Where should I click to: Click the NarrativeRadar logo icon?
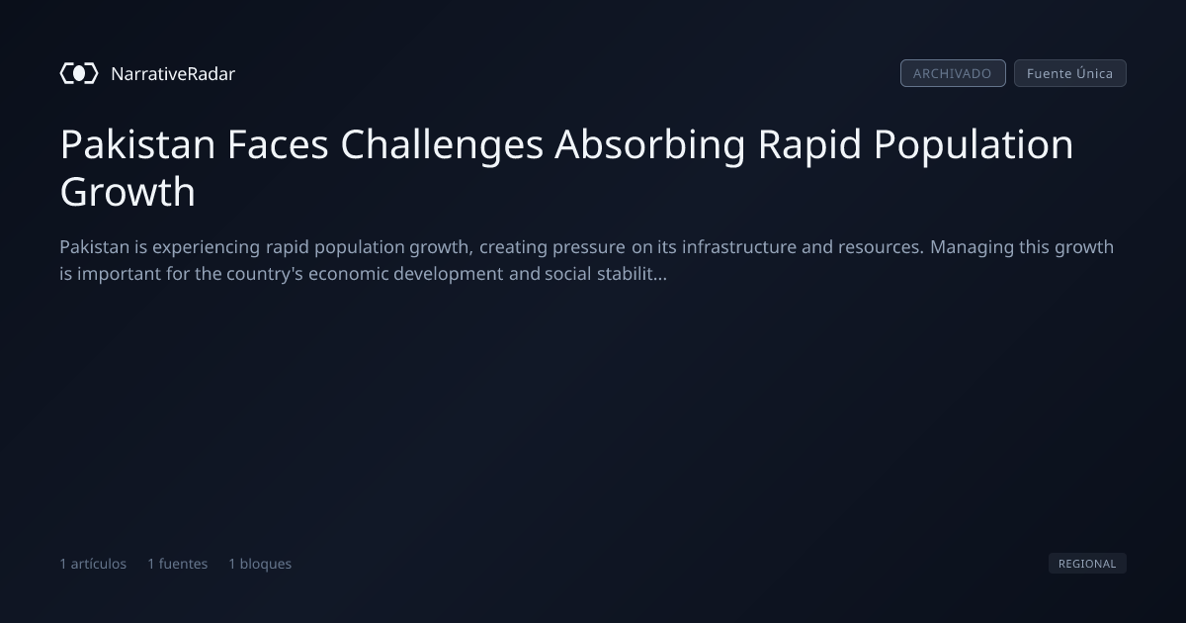tap(79, 73)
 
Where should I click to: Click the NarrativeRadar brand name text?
tap(173, 74)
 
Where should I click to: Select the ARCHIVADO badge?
tap(953, 73)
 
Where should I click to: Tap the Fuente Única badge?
tap(1070, 73)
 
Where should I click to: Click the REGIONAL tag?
tap(1087, 564)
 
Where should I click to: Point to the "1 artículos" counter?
tap(93, 564)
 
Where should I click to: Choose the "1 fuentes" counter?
tap(177, 564)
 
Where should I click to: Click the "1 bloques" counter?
tap(260, 564)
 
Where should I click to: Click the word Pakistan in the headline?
tap(137, 144)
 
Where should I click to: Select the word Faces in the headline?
tap(278, 144)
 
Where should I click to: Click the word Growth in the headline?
tap(127, 191)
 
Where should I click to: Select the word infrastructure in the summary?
tap(739, 247)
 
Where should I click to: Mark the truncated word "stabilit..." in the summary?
tap(632, 274)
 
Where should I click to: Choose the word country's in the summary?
tap(265, 275)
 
